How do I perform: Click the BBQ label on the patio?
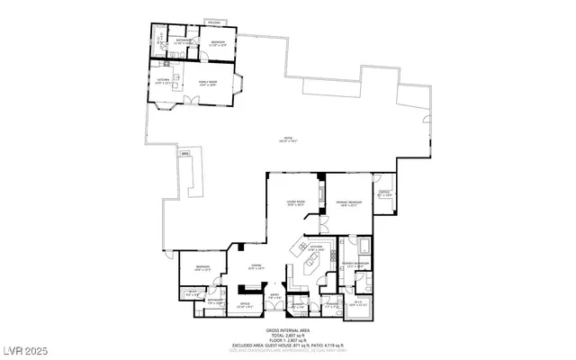[185, 155]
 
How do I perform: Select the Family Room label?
[208, 82]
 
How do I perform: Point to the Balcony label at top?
[214, 22]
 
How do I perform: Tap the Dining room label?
[256, 265]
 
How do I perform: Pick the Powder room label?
[331, 306]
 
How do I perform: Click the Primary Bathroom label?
[357, 264]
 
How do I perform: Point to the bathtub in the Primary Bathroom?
[362, 246]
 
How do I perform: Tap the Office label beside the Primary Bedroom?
[382, 193]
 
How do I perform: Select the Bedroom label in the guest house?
[219, 41]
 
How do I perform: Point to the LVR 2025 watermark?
[26, 348]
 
